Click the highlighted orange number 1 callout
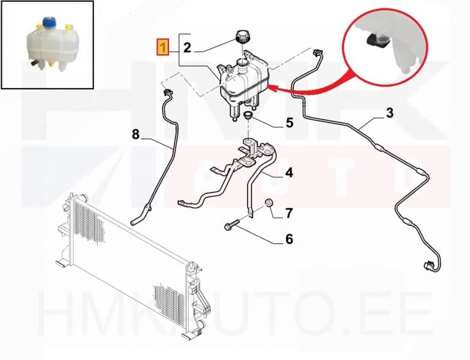(x=163, y=47)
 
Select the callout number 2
(x=187, y=48)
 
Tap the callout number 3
(x=389, y=113)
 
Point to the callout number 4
(x=289, y=173)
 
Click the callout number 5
(x=290, y=122)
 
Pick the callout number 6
(x=289, y=239)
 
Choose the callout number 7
(x=289, y=213)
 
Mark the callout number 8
(x=135, y=134)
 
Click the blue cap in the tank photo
(x=48, y=22)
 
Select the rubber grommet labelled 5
(x=248, y=115)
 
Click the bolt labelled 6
(x=231, y=225)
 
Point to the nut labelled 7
(x=268, y=203)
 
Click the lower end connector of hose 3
(x=428, y=265)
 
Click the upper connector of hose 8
(x=167, y=91)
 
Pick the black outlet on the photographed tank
(x=34, y=64)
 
